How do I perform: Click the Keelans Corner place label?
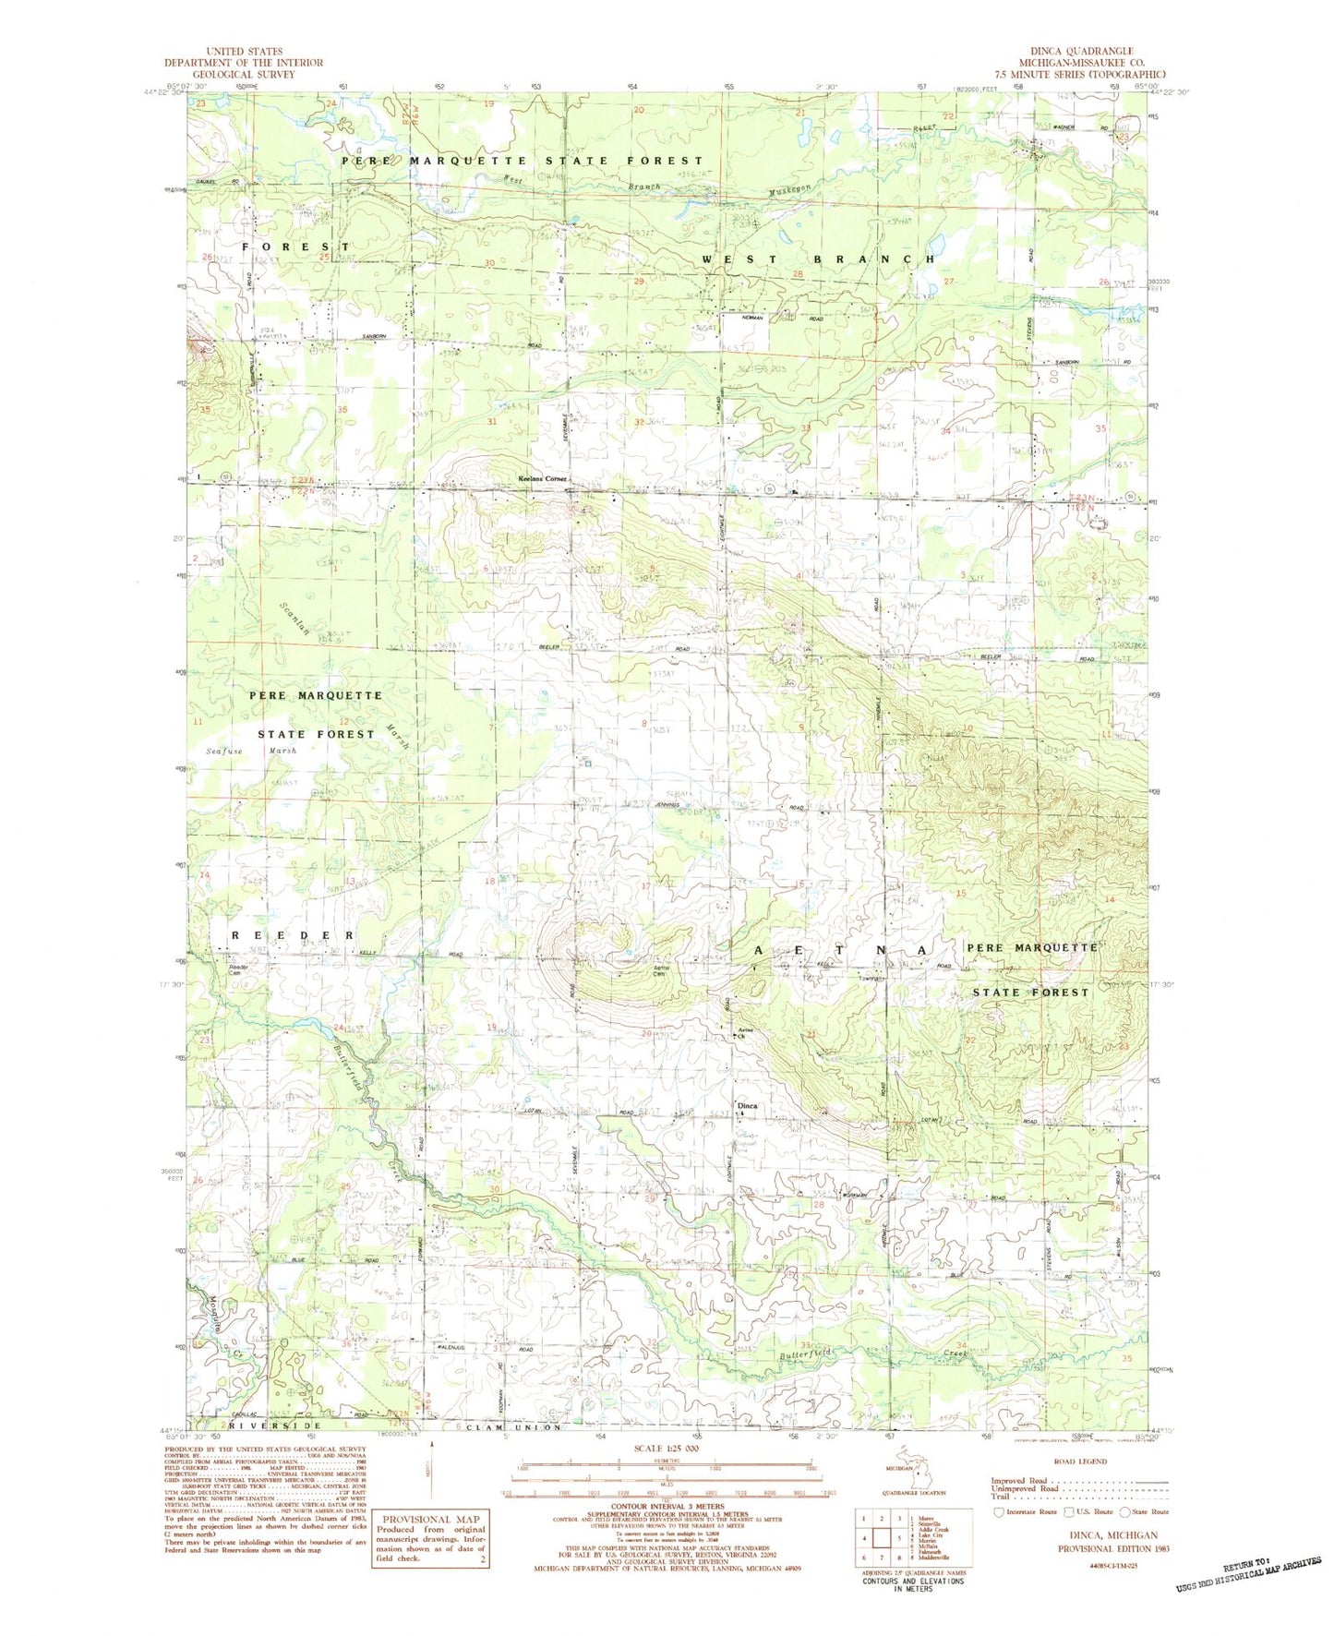click(541, 479)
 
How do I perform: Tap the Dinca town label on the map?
click(746, 1105)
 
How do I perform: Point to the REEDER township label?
click(293, 935)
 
